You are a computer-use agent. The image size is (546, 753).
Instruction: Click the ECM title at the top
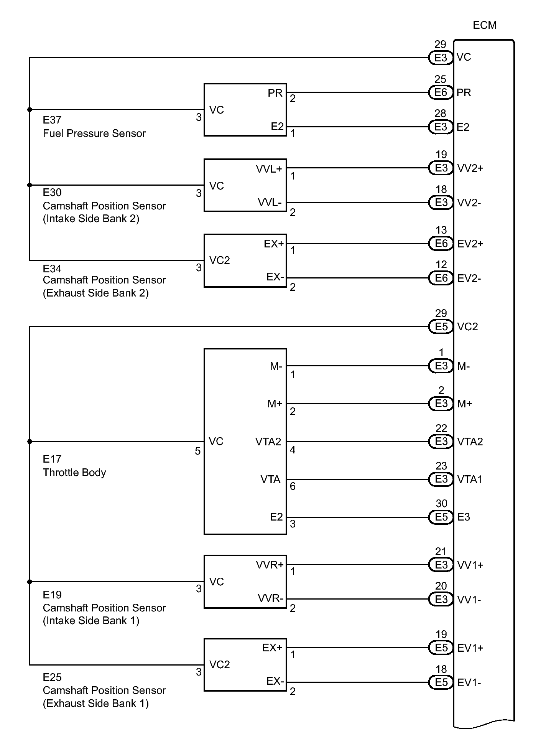click(x=485, y=25)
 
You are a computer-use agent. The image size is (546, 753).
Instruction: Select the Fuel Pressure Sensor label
click(x=94, y=133)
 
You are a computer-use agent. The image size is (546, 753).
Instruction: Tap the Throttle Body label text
click(x=74, y=473)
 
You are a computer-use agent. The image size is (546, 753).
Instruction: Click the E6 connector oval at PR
click(x=441, y=92)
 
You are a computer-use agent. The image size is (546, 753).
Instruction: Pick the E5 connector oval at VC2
click(x=441, y=327)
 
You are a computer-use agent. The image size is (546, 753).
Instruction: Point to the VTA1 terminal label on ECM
click(x=470, y=479)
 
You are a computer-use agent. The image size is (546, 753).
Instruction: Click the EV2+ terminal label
click(x=470, y=244)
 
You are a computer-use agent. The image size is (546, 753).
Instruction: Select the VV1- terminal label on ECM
click(x=469, y=600)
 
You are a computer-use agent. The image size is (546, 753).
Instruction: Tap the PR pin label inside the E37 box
click(x=275, y=93)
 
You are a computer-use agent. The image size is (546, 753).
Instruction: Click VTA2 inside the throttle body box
click(x=268, y=442)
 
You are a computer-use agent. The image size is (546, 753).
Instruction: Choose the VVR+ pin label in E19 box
click(x=270, y=565)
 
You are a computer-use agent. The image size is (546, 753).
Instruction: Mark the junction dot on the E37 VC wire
click(x=30, y=110)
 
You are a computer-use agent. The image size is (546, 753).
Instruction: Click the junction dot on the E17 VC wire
click(x=30, y=442)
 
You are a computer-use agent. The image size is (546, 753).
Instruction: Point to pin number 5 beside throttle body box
click(x=197, y=451)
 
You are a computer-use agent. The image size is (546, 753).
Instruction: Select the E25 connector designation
click(x=52, y=677)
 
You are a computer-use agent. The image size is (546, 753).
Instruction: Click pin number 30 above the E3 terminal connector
click(x=441, y=503)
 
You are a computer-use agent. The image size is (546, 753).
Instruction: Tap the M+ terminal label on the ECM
click(x=464, y=404)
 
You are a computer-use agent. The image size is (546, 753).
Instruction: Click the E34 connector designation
click(x=52, y=269)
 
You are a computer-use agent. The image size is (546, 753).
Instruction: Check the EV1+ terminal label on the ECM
click(x=470, y=648)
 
